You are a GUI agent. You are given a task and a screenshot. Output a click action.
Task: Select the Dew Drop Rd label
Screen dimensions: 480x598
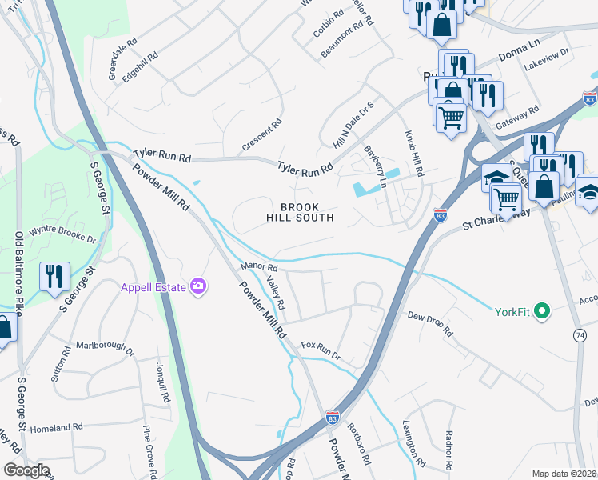429,322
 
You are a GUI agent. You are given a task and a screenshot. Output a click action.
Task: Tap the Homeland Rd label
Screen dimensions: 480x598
56,429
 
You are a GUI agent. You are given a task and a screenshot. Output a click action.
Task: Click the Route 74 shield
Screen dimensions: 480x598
579,338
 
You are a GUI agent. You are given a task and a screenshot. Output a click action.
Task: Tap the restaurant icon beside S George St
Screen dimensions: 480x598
54,276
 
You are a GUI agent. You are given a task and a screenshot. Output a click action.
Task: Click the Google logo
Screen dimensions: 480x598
26,470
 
